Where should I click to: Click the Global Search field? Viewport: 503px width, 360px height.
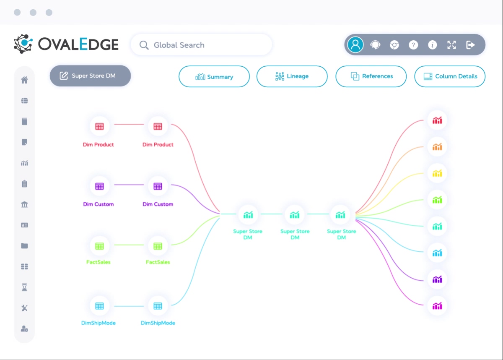(201, 45)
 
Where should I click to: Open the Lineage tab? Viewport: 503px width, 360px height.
(292, 76)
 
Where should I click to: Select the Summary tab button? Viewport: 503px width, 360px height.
(214, 76)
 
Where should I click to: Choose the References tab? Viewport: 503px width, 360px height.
(371, 76)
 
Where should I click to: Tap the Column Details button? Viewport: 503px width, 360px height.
(450, 76)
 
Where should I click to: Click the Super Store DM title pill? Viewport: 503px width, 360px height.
(90, 76)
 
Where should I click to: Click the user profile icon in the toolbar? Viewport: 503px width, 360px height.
(355, 44)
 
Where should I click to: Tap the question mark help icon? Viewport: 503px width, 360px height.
(413, 45)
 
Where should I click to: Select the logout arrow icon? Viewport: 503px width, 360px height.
(470, 45)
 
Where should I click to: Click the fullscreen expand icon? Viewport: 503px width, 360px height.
(451, 45)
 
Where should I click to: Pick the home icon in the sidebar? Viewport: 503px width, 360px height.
(24, 80)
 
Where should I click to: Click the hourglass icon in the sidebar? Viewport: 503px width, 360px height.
(24, 287)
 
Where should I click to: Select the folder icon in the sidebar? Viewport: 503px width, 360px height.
(24, 246)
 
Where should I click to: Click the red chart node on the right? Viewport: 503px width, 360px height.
(437, 120)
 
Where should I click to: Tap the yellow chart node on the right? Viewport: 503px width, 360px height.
(437, 173)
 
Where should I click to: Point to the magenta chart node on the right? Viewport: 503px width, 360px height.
(437, 305)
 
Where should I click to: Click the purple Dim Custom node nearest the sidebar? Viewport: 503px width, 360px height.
(99, 186)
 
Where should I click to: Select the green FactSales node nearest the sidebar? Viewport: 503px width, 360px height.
(99, 246)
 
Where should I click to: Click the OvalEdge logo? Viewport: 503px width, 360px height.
(66, 44)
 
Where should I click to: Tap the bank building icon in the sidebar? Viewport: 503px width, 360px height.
(24, 204)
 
